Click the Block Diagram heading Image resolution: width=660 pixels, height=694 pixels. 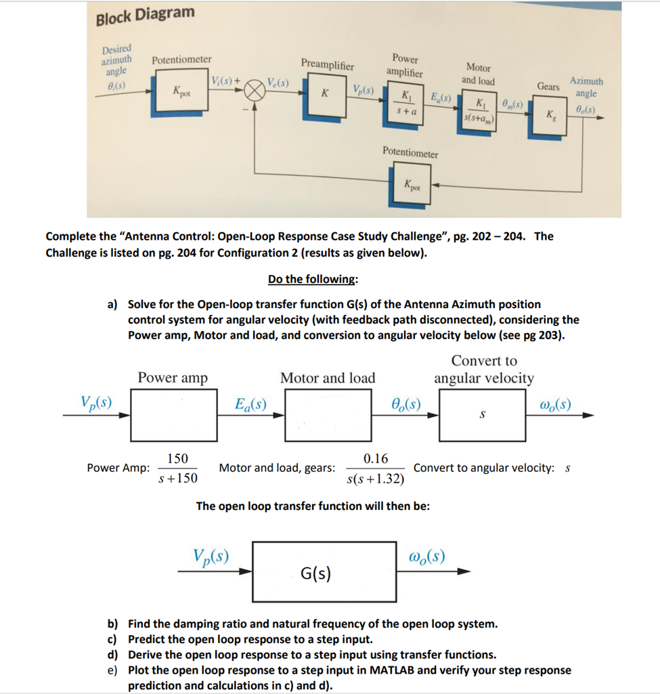click(145, 15)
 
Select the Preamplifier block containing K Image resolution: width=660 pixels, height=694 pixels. click(325, 93)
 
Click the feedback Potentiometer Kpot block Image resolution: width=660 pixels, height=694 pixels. click(411, 183)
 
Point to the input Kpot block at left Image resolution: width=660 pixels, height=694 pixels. click(181, 91)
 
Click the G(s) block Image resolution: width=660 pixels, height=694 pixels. click(325, 572)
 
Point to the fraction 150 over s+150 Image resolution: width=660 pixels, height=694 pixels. click(177, 469)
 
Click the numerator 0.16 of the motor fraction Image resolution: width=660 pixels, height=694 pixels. click(375, 458)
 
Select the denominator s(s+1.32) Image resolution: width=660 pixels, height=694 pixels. click(375, 479)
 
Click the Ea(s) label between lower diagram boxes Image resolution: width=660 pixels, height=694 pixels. click(250, 406)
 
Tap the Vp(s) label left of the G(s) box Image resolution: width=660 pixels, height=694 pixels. click(211, 557)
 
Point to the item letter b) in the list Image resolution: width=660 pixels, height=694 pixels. click(114, 624)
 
